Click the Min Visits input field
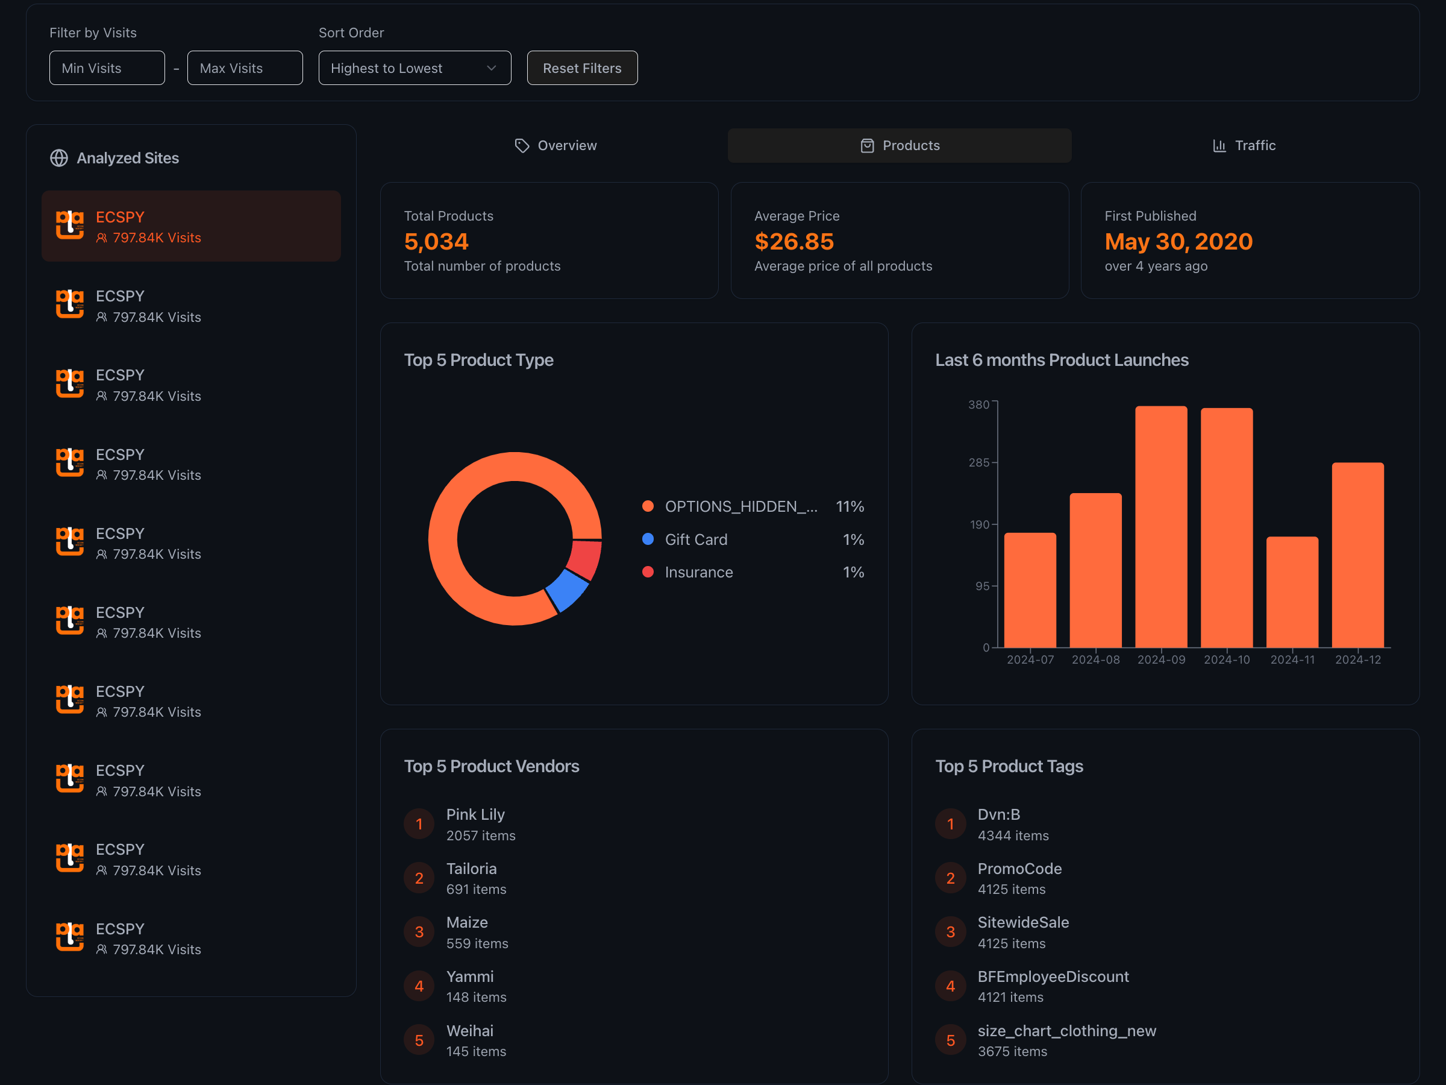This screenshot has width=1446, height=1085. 107,68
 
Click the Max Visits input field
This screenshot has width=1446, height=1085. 245,68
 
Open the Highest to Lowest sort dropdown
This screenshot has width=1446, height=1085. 414,68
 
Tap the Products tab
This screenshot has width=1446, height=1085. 899,145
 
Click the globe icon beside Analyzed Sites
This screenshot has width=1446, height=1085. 59,159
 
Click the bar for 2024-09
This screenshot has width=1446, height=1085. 1161,526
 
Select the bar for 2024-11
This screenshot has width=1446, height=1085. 1292,592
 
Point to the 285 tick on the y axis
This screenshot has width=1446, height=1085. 978,463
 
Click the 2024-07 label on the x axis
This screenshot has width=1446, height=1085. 1030,660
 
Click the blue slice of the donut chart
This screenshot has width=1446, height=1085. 567,590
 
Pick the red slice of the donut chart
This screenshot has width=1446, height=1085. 585,559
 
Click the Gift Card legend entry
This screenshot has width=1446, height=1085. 695,539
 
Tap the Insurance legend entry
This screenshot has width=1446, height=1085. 698,572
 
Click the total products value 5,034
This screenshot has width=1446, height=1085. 436,242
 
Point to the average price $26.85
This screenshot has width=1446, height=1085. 793,242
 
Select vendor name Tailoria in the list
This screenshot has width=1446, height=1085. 471,869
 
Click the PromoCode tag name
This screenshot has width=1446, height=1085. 1019,869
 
